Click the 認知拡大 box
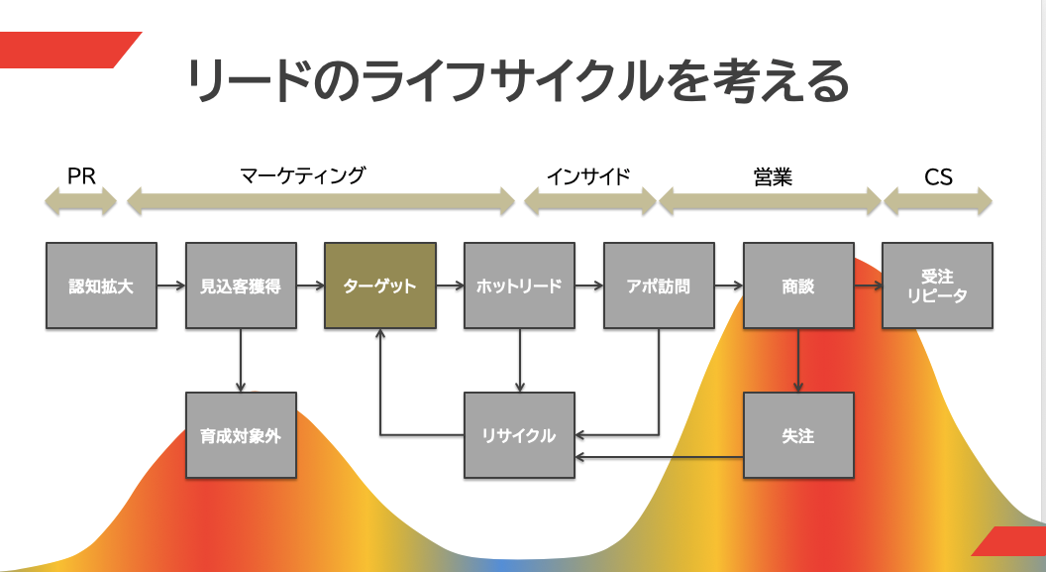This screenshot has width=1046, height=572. click(101, 286)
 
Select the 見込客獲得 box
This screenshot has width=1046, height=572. click(241, 286)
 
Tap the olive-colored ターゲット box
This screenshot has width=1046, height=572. click(380, 286)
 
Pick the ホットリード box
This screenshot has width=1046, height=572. click(519, 286)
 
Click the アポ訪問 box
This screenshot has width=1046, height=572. click(659, 286)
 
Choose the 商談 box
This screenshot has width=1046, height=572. click(798, 286)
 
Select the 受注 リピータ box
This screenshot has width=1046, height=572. click(938, 286)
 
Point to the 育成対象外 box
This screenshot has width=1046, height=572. click(241, 435)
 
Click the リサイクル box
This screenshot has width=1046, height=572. click(519, 435)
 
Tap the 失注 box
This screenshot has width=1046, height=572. click(798, 435)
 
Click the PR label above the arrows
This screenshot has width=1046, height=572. click(81, 176)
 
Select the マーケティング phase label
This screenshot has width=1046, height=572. click(303, 176)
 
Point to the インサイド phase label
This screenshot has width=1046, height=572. click(588, 176)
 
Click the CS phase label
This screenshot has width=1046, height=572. click(938, 176)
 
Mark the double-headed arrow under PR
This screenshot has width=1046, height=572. click(81, 202)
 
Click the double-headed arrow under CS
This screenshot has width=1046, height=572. click(938, 202)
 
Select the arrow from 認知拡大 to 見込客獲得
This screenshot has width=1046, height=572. click(170, 286)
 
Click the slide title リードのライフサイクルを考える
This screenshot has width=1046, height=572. click(519, 81)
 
